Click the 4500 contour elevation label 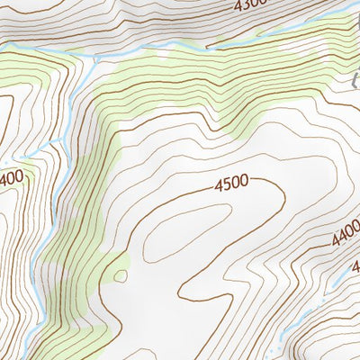[231, 184]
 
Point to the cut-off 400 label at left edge [13, 179]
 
